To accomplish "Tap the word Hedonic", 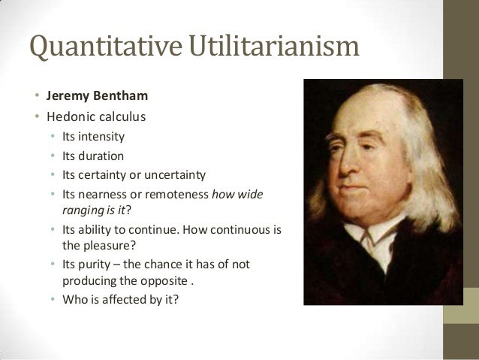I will [x=69, y=117].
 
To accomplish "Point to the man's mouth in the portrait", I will [x=361, y=196].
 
